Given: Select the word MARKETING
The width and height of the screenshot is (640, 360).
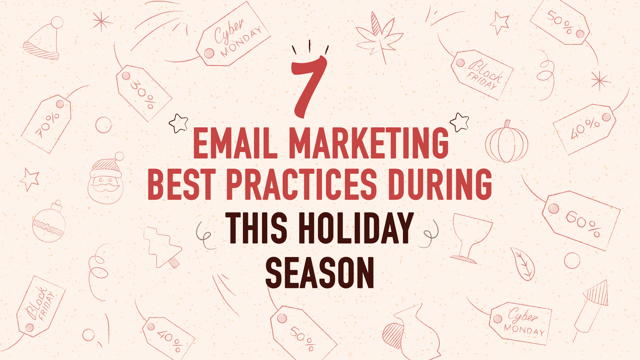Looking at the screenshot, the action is click(369, 143).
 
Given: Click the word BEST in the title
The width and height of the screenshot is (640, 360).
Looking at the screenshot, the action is click(180, 184).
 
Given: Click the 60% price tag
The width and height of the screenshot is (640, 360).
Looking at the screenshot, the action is click(581, 220).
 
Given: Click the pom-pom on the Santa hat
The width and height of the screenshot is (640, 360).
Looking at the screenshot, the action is click(57, 22).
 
